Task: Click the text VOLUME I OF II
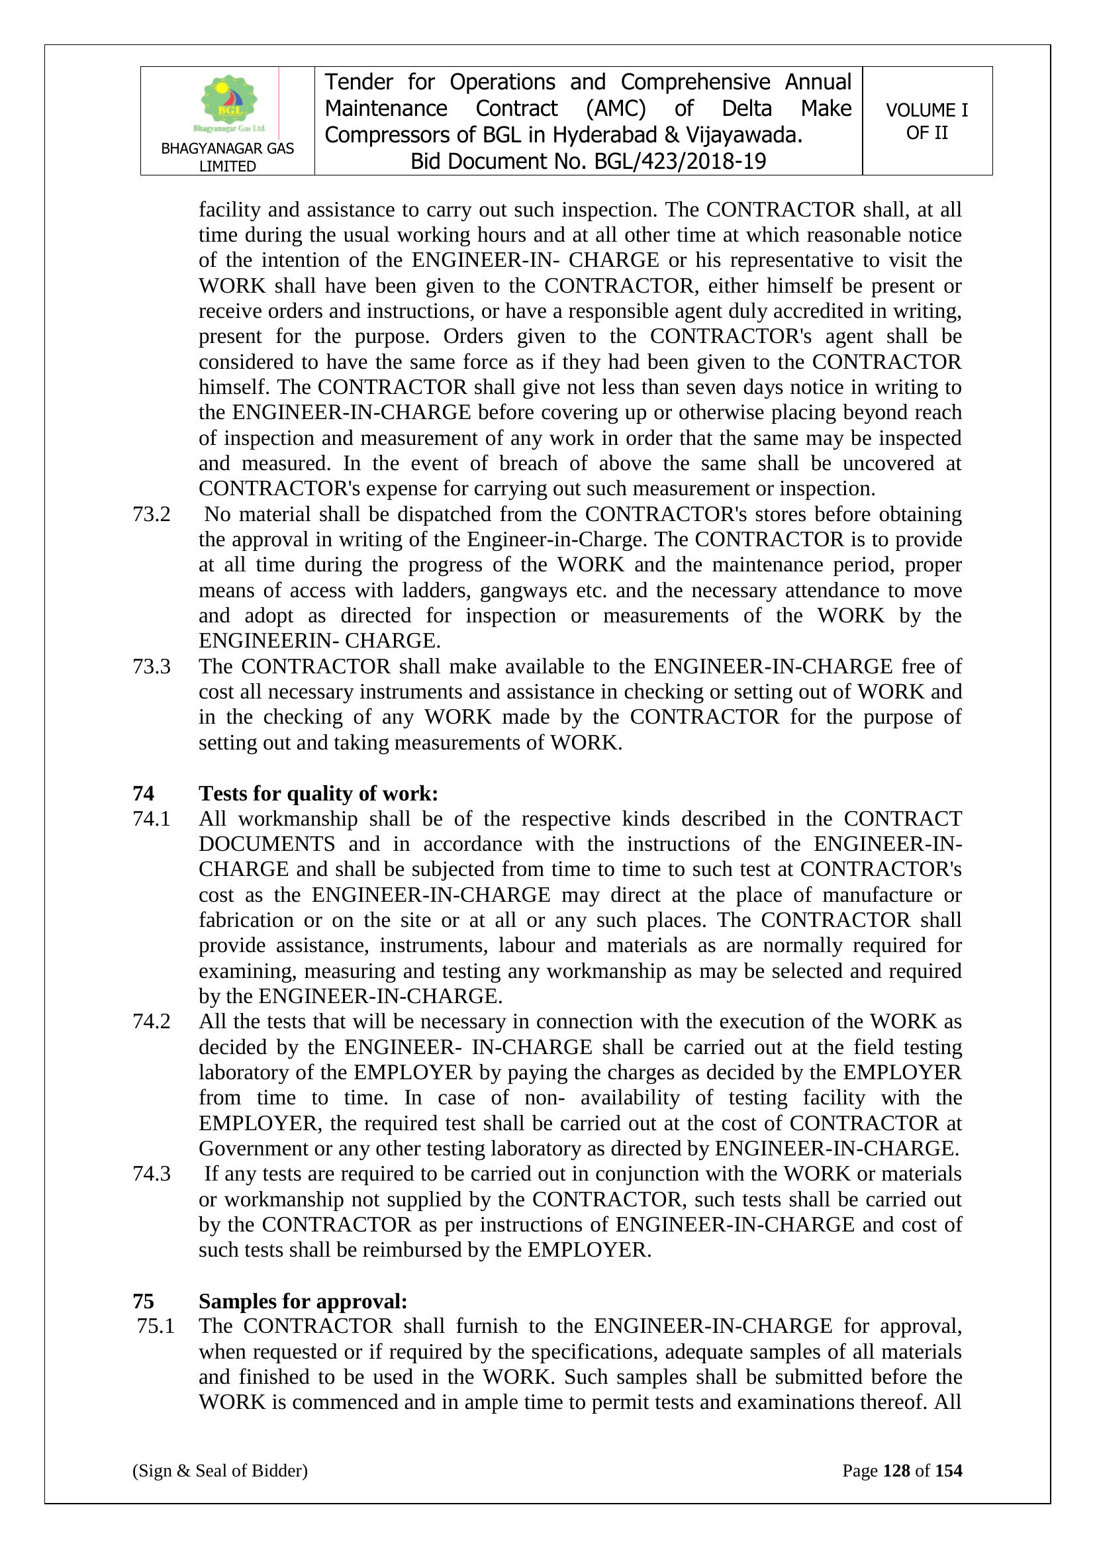926,121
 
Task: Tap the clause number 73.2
152,514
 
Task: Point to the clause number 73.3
152,666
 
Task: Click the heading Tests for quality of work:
318,794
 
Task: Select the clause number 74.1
152,818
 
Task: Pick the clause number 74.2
152,1022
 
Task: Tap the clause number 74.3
152,1174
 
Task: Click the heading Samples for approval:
303,1301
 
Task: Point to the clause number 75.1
156,1326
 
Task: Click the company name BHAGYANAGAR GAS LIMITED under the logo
227,157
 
